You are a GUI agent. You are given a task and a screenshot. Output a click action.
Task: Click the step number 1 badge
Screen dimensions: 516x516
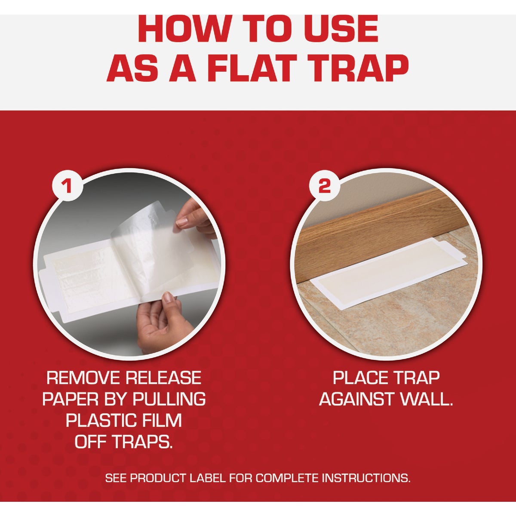[x=67, y=186]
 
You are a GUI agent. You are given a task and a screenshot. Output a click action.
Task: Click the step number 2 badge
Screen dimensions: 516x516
[x=324, y=186]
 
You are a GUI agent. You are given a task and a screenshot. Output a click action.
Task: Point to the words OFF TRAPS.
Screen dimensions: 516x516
[x=124, y=442]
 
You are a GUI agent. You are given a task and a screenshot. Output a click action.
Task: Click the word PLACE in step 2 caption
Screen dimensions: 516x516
[x=359, y=378]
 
